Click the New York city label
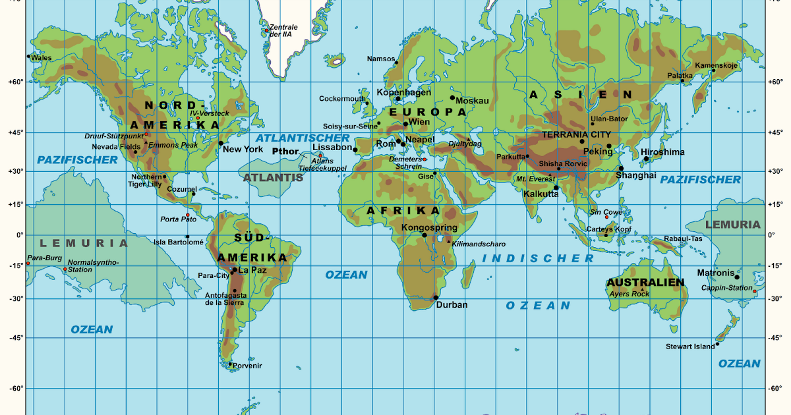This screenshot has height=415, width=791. point(243,150)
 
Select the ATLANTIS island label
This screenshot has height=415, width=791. point(273,178)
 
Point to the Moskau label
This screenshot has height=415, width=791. point(472,101)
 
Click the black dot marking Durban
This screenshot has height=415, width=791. point(436,298)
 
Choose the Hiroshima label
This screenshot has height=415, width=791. point(662,152)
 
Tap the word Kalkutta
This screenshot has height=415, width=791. point(541,194)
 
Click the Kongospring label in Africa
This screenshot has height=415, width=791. point(429,228)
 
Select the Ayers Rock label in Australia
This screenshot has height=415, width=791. point(630,294)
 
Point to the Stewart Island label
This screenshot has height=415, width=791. point(690,346)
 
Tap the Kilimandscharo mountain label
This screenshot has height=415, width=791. point(479,244)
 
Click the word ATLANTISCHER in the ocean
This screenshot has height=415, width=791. point(303,138)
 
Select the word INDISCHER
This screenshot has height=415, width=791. point(539,258)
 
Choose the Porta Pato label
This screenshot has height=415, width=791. point(174,219)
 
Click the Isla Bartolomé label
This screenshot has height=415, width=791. point(178,242)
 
